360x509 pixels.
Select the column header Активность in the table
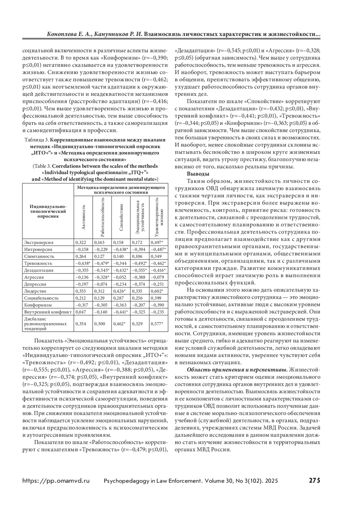(x=83, y=217)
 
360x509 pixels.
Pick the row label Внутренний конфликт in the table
(x=48, y=312)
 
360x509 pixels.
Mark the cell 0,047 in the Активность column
(x=81, y=312)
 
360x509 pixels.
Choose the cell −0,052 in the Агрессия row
(x=120, y=277)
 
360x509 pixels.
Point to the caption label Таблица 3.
(x=37, y=140)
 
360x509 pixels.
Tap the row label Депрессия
(x=35, y=284)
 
